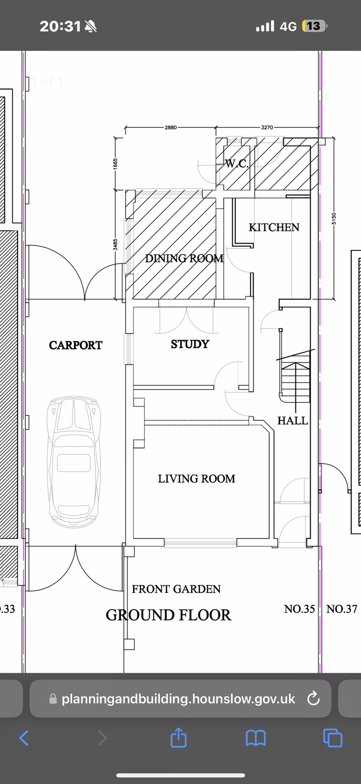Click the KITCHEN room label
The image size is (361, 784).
274,227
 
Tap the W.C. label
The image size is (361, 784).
237,164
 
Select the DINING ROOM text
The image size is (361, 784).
184,259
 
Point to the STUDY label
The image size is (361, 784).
190,344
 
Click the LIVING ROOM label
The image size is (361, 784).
196,479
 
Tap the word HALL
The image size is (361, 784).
293,420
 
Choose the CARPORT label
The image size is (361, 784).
75,345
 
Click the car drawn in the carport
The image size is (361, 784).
74,462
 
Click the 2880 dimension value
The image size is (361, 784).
171,127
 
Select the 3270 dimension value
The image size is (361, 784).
267,127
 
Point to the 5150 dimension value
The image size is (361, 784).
334,219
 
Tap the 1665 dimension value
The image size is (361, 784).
116,164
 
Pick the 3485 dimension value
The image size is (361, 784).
116,245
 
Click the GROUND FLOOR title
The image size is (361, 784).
168,615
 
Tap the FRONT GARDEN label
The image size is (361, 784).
176,589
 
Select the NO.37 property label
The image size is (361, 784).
342,609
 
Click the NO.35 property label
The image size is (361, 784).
300,609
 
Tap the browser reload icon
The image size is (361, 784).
313,699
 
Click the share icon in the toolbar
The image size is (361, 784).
178,737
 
